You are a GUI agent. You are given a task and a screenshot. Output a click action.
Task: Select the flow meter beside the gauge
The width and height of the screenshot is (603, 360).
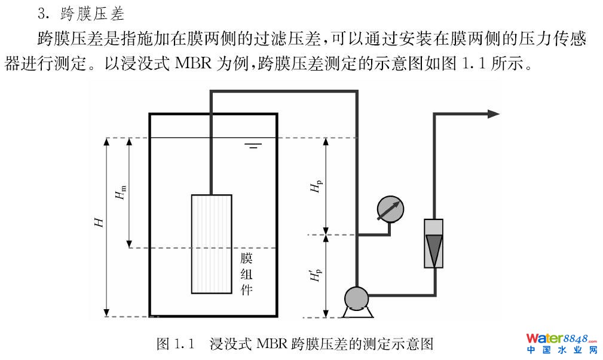click(x=433, y=243)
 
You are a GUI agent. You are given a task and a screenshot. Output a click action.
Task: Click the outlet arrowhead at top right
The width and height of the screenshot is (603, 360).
click(x=493, y=114)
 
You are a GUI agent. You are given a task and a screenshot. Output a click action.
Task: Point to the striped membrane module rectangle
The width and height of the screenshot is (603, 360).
click(x=211, y=243)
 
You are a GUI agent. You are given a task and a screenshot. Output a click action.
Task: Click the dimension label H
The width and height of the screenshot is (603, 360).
click(x=100, y=223)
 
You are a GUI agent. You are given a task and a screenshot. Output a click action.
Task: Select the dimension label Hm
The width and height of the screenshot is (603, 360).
click(x=123, y=193)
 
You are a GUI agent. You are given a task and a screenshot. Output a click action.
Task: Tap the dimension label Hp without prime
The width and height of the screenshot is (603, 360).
click(x=316, y=187)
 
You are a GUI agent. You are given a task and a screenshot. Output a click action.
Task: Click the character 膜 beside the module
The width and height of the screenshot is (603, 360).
click(x=246, y=258)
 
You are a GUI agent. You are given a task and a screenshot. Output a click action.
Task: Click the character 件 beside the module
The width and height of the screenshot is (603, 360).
click(x=246, y=291)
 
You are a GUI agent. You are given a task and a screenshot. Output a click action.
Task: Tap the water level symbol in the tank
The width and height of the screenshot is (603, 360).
click(x=253, y=145)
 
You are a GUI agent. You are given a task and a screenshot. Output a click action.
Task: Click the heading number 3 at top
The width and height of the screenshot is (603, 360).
click(x=41, y=11)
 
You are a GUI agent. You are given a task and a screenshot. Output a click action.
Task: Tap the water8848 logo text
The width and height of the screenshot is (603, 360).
click(x=561, y=338)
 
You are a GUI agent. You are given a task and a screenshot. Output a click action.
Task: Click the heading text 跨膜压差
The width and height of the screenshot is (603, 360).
click(x=92, y=11)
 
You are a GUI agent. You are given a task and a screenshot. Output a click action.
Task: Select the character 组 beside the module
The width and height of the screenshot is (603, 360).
click(x=246, y=275)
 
